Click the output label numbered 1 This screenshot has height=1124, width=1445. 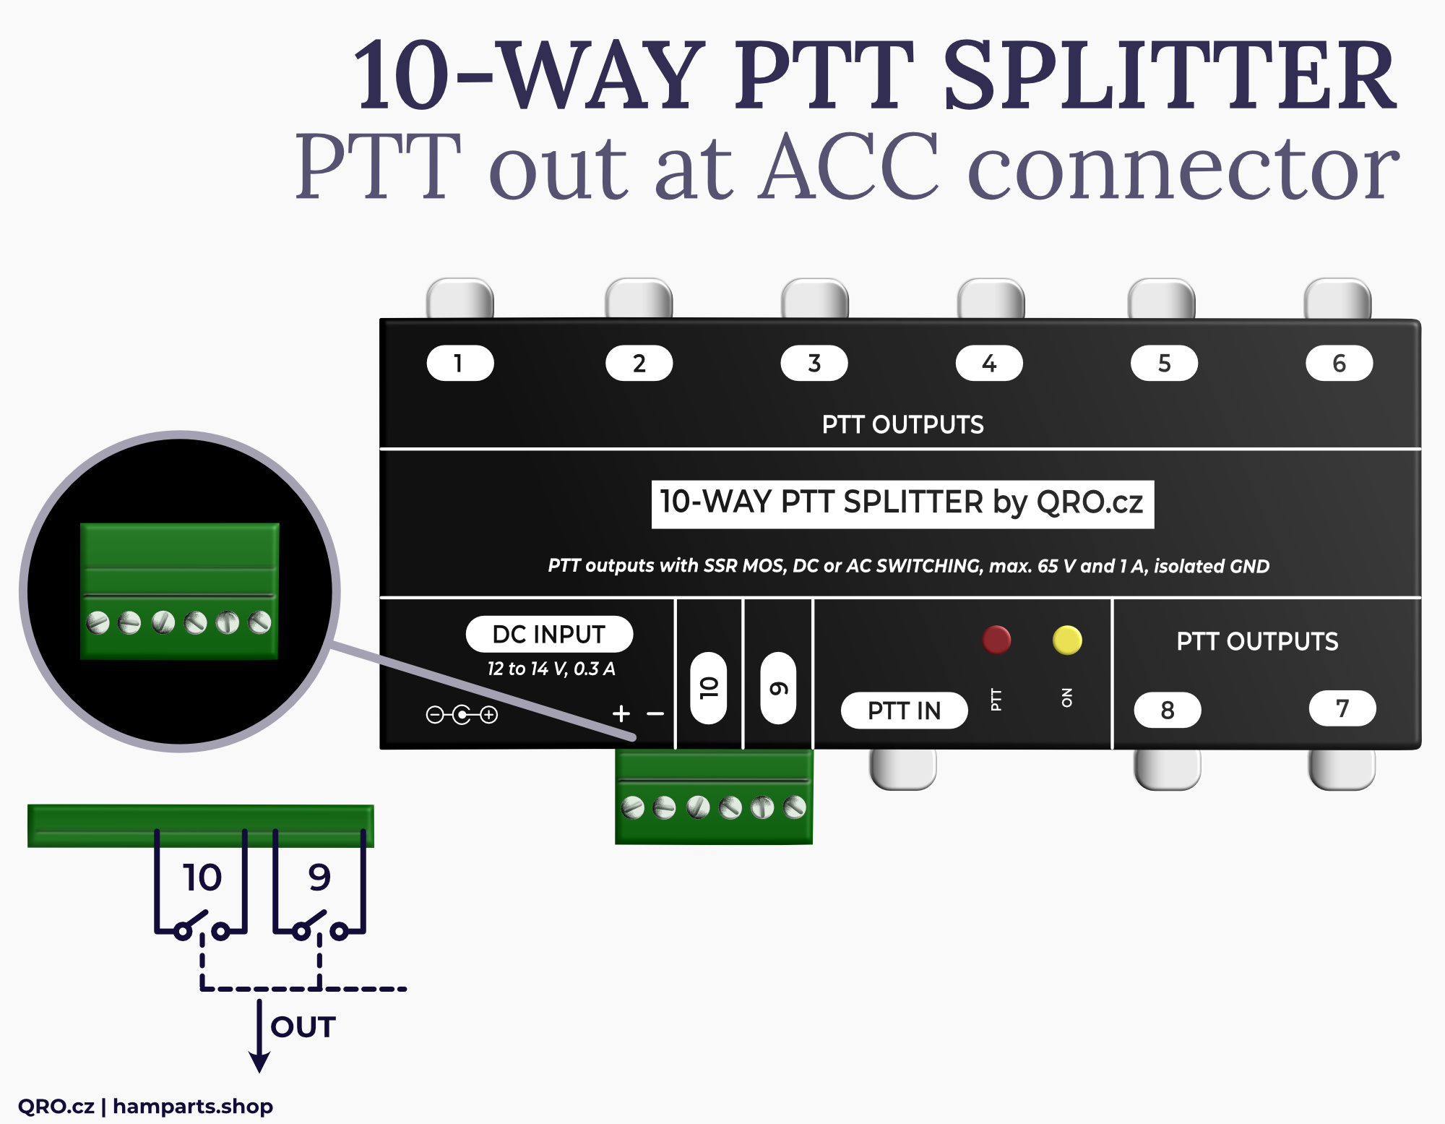pyautogui.click(x=460, y=363)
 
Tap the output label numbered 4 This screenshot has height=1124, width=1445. pyautogui.click(x=988, y=363)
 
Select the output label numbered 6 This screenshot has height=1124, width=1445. pyautogui.click(x=1339, y=363)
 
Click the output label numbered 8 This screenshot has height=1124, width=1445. pyautogui.click(x=1167, y=710)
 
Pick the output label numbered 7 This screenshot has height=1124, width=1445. pyautogui.click(x=1342, y=708)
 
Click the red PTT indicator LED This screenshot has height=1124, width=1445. pyautogui.click(x=996, y=640)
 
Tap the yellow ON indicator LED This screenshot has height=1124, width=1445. pyautogui.click(x=1067, y=640)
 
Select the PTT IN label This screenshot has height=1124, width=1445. pyautogui.click(x=904, y=711)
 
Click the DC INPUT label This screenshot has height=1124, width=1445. pyautogui.click(x=549, y=634)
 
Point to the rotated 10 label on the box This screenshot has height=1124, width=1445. pyautogui.click(x=708, y=687)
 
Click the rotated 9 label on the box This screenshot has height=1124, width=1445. pyautogui.click(x=778, y=687)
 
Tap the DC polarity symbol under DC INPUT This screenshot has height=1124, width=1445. pyautogui.click(x=462, y=715)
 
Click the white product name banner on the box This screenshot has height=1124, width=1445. pyautogui.click(x=902, y=503)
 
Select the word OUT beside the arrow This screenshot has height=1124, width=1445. pyautogui.click(x=303, y=1026)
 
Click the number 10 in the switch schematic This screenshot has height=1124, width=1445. pyautogui.click(x=202, y=878)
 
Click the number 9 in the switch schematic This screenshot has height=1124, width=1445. pyautogui.click(x=319, y=878)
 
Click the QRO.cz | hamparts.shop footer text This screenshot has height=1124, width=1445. pyautogui.click(x=145, y=1106)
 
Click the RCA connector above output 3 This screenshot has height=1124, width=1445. pyautogui.click(x=814, y=299)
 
